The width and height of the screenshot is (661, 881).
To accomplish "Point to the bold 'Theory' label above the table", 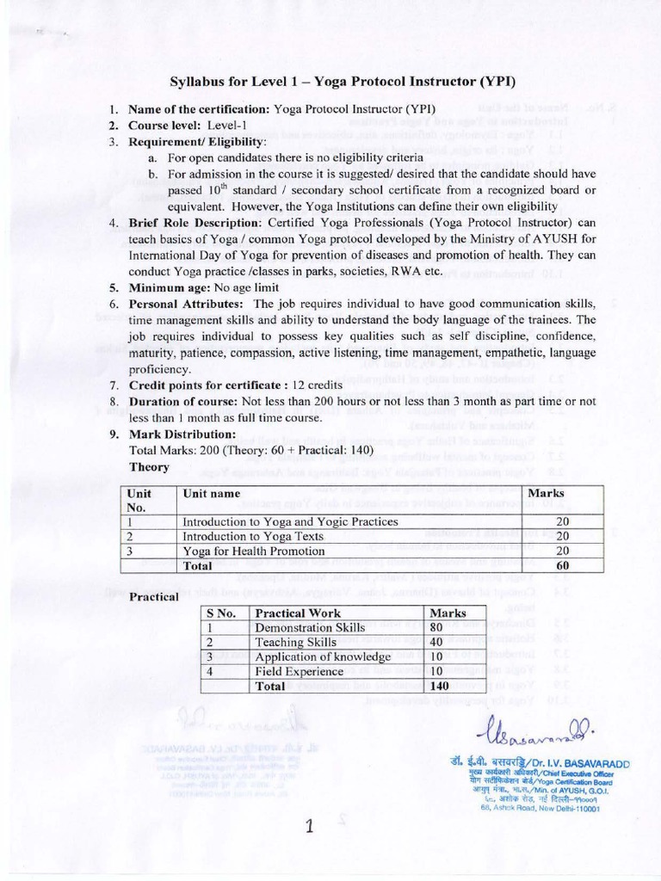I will [x=149, y=465].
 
